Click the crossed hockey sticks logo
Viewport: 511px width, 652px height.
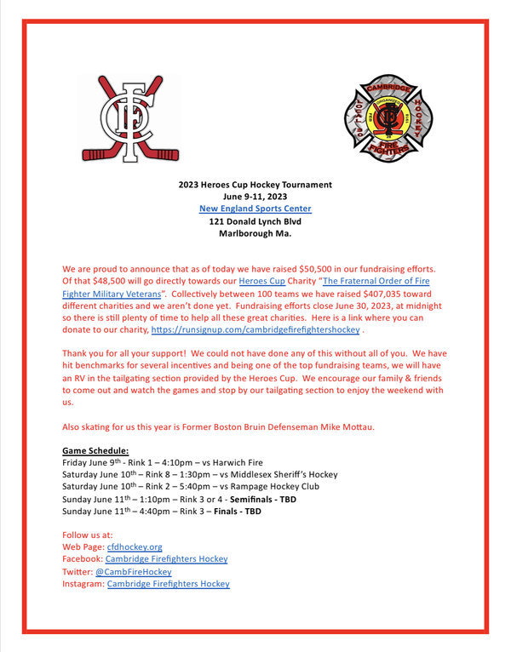coord(130,118)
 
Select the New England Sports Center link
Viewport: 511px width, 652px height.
coord(255,209)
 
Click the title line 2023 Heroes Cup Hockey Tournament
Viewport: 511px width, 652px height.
coord(255,185)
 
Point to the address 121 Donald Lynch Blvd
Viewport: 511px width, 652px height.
coord(255,221)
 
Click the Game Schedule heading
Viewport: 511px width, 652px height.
coord(95,449)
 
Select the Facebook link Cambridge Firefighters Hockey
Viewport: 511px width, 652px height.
coord(166,559)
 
